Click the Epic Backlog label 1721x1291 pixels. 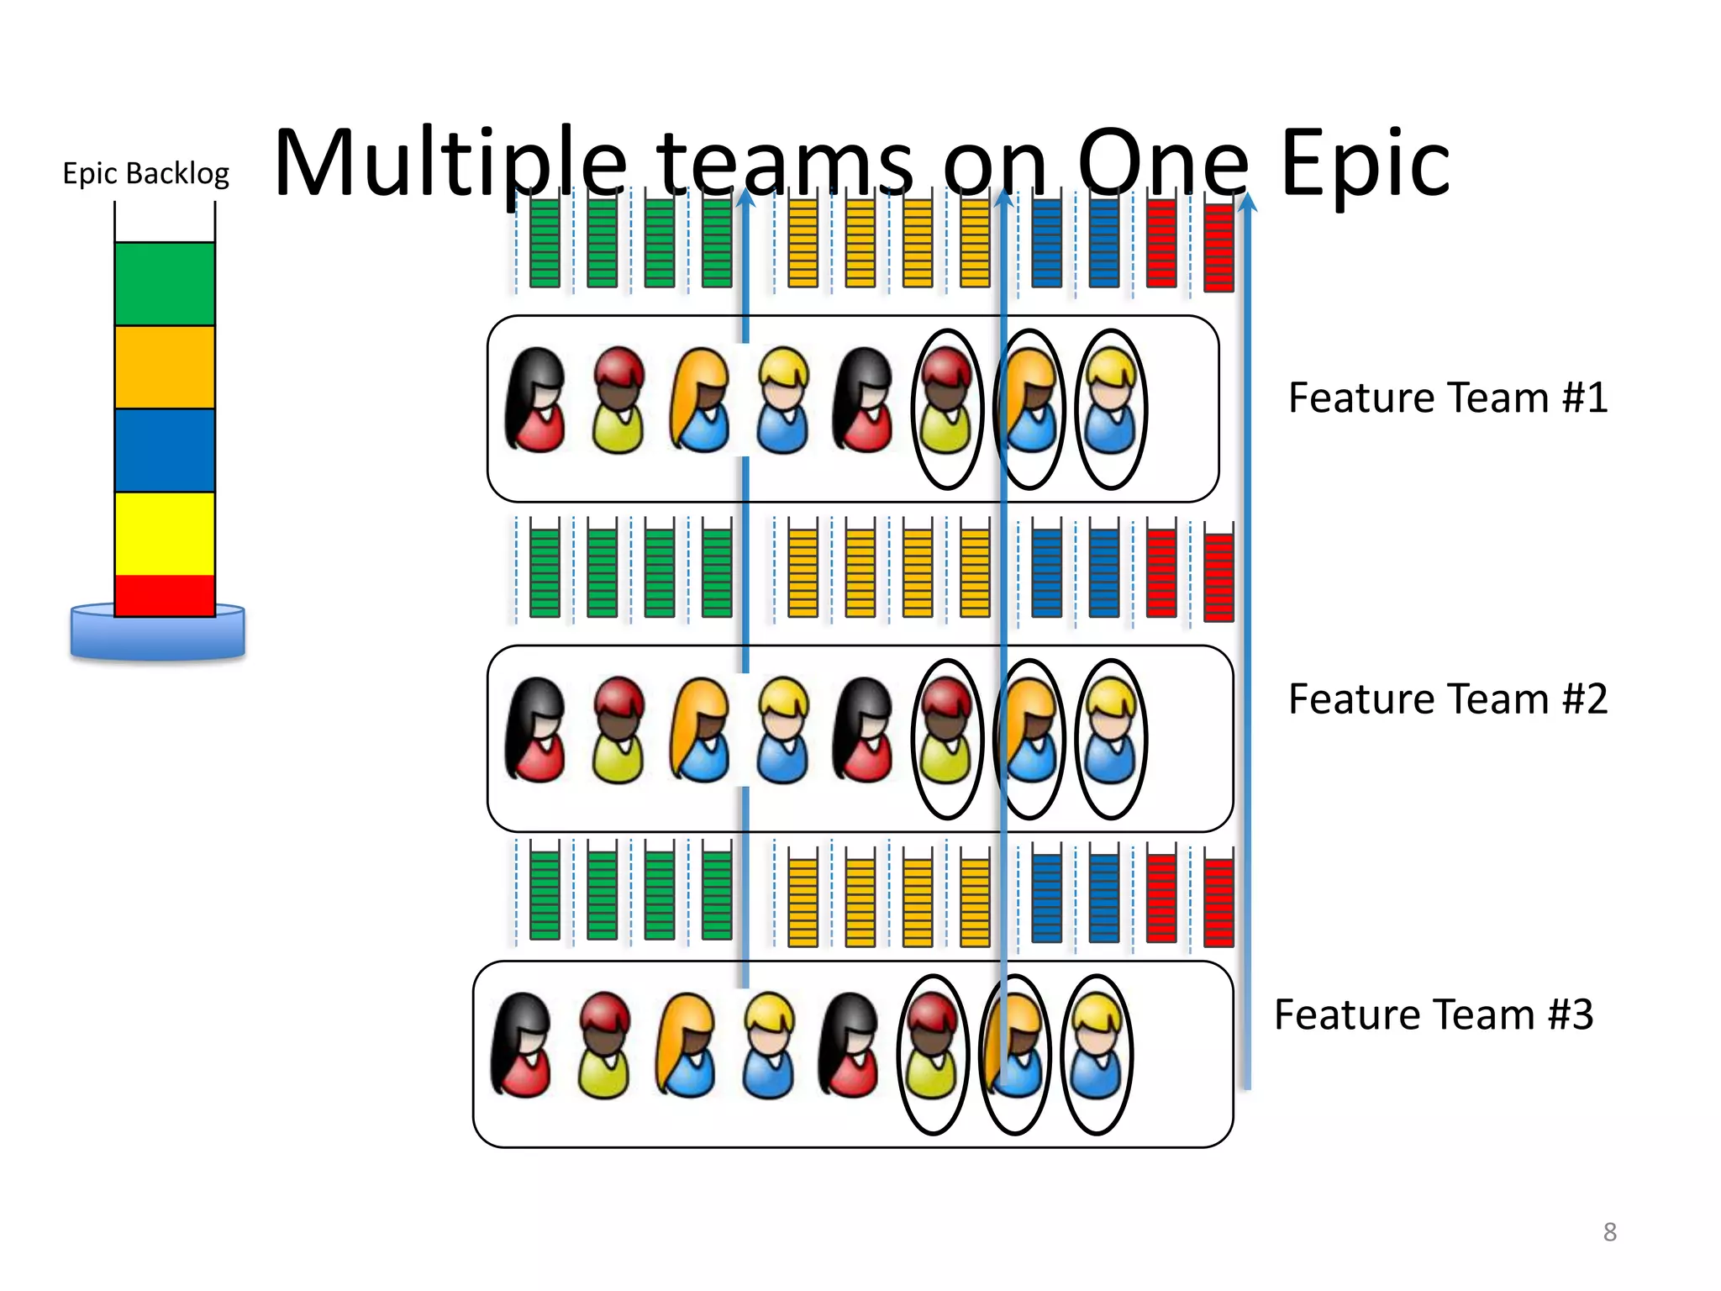coord(145,173)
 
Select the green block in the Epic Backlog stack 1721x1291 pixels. coord(165,284)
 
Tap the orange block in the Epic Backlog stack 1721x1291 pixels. coord(165,366)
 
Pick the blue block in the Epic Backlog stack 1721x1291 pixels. coord(165,450)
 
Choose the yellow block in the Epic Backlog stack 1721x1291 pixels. coord(165,533)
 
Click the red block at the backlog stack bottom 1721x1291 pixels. coord(165,595)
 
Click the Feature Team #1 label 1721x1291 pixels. coord(1447,398)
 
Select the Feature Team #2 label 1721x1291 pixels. coord(1447,698)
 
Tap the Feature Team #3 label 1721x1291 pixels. coord(1433,1014)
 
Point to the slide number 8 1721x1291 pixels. coord(1609,1231)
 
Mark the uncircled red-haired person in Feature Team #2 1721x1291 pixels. coord(618,730)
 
